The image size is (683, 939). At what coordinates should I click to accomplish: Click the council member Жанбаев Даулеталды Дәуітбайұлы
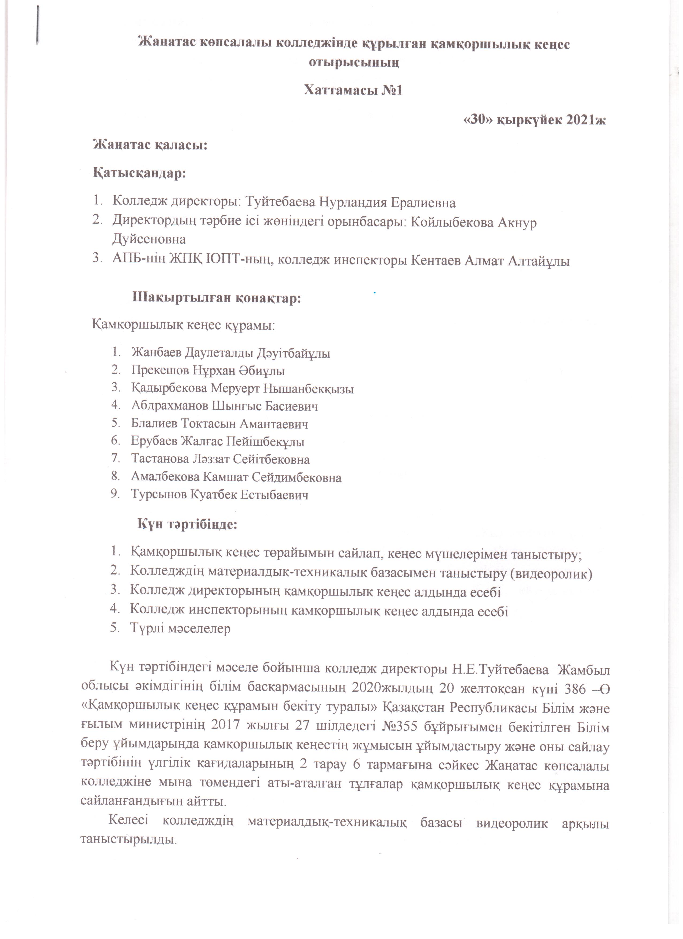tap(231, 353)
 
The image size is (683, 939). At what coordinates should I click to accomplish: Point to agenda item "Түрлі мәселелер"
tap(180, 628)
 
